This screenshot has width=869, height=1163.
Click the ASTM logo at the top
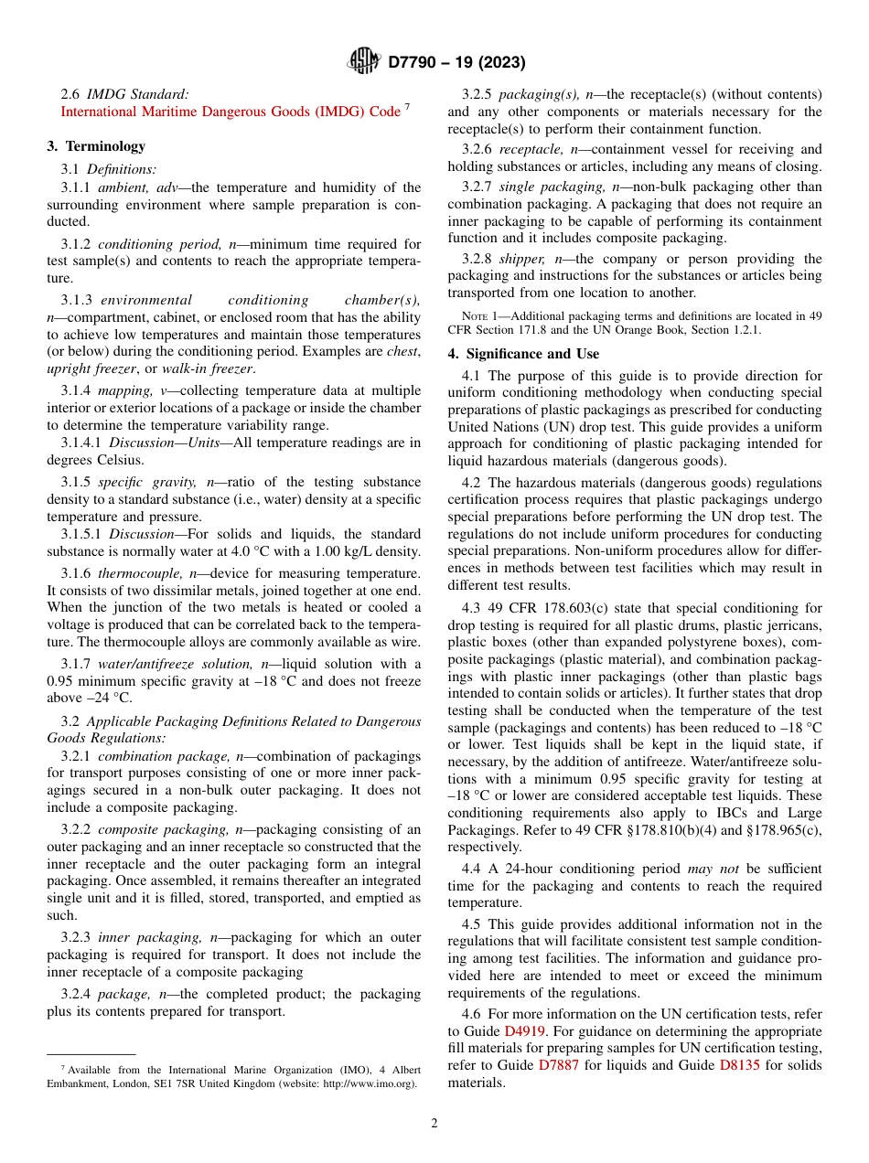click(364, 62)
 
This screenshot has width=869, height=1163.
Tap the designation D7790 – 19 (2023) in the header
click(456, 63)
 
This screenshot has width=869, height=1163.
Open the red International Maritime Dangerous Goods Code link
click(231, 112)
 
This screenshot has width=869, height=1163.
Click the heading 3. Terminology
click(96, 146)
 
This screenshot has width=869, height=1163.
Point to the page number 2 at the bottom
click(434, 1124)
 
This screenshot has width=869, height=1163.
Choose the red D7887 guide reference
click(558, 1065)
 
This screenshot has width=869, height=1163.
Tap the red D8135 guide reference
click(739, 1065)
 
